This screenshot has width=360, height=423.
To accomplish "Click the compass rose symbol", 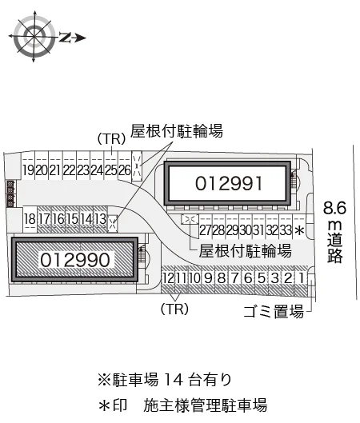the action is click(x=34, y=37).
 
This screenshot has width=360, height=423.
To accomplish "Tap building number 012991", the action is click(x=229, y=183).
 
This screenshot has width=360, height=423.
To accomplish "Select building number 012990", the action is click(x=75, y=260).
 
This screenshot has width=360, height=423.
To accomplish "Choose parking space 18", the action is click(x=30, y=218).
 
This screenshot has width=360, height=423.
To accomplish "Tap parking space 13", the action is click(x=100, y=218).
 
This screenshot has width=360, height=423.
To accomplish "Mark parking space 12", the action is click(x=168, y=278).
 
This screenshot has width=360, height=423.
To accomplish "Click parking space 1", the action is click(x=302, y=278).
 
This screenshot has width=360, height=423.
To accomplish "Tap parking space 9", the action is click(x=208, y=278).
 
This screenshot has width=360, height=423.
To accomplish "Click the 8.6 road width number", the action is click(x=334, y=208).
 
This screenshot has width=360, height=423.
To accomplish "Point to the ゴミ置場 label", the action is click(x=274, y=312).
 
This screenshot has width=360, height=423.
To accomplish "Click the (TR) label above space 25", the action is click(x=111, y=139).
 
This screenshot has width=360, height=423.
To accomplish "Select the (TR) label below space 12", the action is click(x=174, y=309).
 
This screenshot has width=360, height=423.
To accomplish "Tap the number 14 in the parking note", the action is click(x=174, y=380).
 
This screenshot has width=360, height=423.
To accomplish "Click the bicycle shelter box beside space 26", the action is click(x=137, y=166).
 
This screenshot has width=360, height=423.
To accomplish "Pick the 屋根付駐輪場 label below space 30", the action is click(x=245, y=250).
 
